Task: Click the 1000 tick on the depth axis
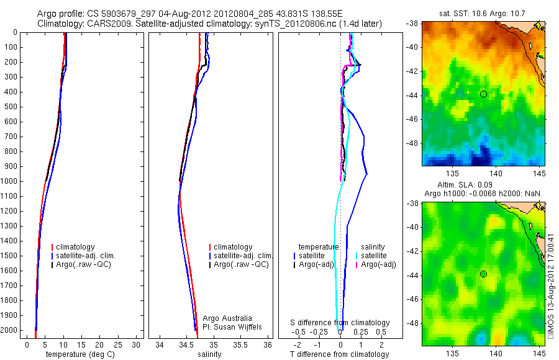coord(12,181)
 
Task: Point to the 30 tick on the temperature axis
coord(137,344)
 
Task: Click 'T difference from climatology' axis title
coord(339,354)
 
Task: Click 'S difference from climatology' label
coord(340,323)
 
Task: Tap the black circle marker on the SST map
coord(483,94)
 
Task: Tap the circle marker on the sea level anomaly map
coord(483,274)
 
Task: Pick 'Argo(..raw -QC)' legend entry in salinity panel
coord(240,264)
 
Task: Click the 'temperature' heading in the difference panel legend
coord(319,246)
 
